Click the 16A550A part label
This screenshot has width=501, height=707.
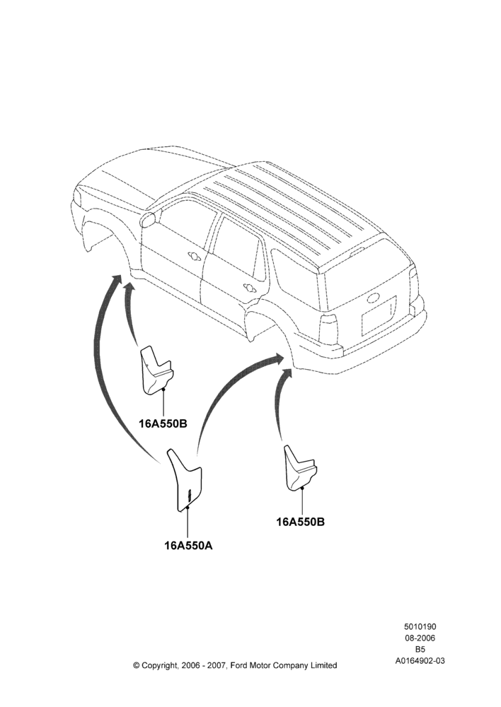[188, 546]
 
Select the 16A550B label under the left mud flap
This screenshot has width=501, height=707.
[163, 423]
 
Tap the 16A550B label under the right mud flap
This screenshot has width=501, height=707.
[301, 522]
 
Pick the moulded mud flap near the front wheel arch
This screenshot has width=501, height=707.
[156, 370]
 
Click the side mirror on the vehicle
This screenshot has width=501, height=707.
[149, 220]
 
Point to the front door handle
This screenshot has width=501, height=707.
[195, 256]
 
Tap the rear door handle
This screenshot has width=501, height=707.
[248, 287]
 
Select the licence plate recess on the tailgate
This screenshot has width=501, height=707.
[379, 316]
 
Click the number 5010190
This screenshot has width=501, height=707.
[420, 626]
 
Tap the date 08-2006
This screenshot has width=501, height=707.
[420, 638]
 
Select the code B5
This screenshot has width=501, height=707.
[420, 650]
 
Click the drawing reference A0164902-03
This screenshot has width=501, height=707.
[420, 661]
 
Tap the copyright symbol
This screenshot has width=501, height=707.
[137, 665]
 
